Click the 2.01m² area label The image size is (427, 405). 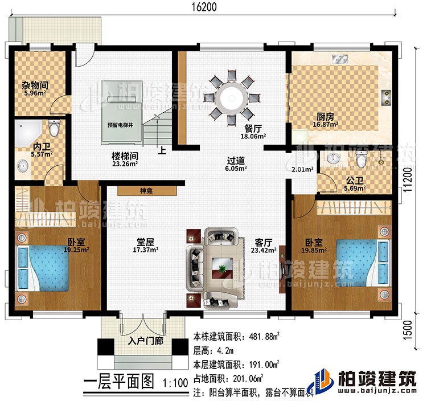click(302, 170)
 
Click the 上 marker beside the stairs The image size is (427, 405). click(163, 152)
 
